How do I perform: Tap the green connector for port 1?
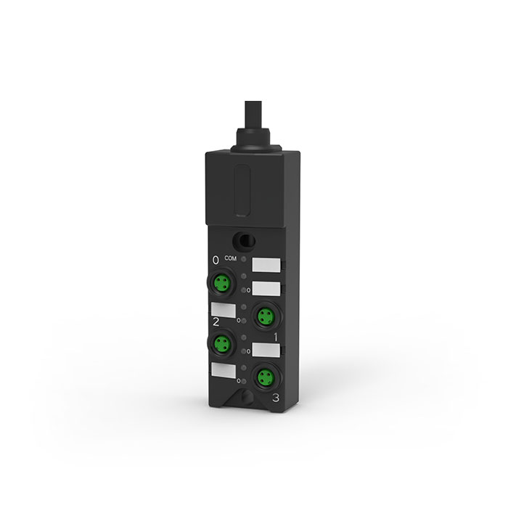tap(266, 316)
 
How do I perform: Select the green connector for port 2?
tap(222, 343)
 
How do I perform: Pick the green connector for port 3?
tap(266, 377)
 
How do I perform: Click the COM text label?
tap(230, 258)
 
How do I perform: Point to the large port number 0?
tap(216, 260)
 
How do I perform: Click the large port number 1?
tap(276, 337)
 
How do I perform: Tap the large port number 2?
tap(216, 322)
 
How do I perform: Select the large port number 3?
tap(276, 398)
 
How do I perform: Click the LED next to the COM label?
tap(244, 260)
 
